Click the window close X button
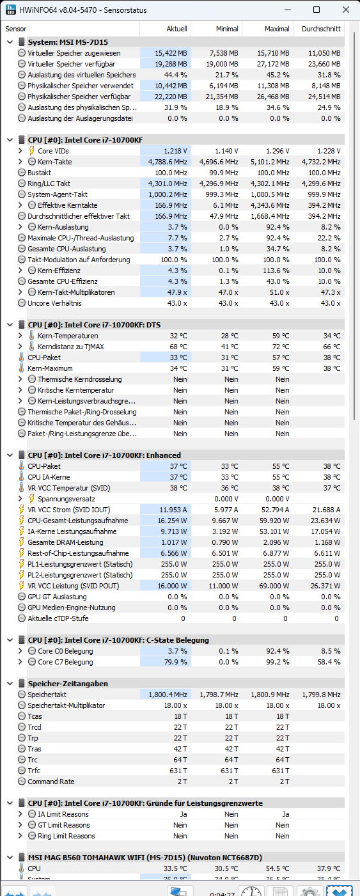tap(346, 10)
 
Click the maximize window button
tap(317, 10)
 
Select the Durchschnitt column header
tap(321, 29)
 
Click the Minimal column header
tap(227, 29)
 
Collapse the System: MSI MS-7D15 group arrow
tap(10, 42)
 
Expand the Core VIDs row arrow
tap(20, 151)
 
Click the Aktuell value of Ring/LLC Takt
tap(168, 184)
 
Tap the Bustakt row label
tap(39, 173)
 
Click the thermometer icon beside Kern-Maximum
tap(22, 368)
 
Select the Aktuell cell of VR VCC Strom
tap(173, 510)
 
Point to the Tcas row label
tap(35, 716)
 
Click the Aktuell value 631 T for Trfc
tap(178, 771)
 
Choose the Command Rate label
tap(51, 782)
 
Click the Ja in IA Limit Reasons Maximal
tap(286, 814)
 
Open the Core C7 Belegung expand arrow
tap(20, 662)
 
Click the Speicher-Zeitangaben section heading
tap(68, 684)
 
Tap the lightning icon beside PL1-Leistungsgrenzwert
tap(22, 564)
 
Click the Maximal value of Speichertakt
tap(270, 695)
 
